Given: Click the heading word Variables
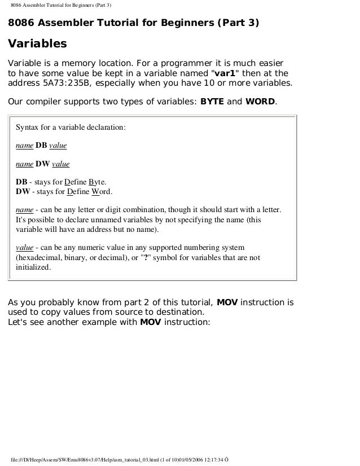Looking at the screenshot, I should pyautogui.click(x=37, y=43).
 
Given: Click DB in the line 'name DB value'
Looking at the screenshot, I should pyautogui.click(x=41, y=146).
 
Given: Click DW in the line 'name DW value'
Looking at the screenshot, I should pyautogui.click(x=42, y=164).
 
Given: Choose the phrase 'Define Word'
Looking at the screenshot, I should pyautogui.click(x=86, y=192).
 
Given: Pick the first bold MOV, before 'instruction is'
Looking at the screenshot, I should pyautogui.click(x=227, y=302).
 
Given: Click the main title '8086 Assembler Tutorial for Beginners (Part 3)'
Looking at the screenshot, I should pyautogui.click(x=133, y=23).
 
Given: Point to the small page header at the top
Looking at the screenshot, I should pyautogui.click(x=60, y=6).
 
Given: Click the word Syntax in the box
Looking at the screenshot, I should pyautogui.click(x=28, y=127).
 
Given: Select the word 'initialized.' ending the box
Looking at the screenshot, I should pyautogui.click(x=33, y=268).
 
